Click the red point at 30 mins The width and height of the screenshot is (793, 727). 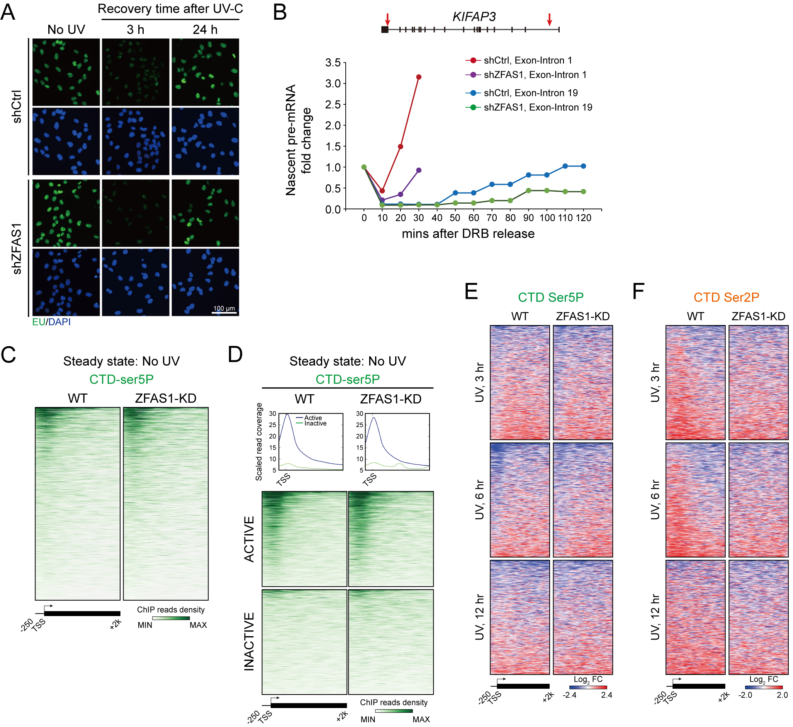coord(419,77)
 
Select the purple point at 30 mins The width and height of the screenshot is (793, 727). coord(419,170)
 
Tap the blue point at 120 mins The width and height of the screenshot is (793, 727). coord(583,166)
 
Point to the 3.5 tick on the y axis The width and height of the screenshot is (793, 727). coord(333,63)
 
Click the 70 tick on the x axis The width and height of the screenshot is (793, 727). coord(492,218)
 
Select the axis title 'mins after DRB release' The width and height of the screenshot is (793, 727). coord(468,234)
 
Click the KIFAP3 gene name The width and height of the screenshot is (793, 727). coord(474,17)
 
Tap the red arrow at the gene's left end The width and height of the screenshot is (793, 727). coord(387,19)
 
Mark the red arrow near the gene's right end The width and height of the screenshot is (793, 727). coord(550,19)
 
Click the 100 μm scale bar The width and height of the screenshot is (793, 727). coord(224,313)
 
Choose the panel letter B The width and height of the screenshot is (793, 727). coord(280,13)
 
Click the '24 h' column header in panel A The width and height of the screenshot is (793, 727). coord(205,29)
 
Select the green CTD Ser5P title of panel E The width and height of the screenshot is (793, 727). coord(551,297)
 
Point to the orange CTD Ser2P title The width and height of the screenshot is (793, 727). coord(726,297)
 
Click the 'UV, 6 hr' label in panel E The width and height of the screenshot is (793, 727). coord(479,499)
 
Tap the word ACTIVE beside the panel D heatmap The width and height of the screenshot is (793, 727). coord(250,539)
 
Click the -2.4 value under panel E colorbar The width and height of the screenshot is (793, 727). coord(570,695)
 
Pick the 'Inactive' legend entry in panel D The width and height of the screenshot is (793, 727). coord(315,424)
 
